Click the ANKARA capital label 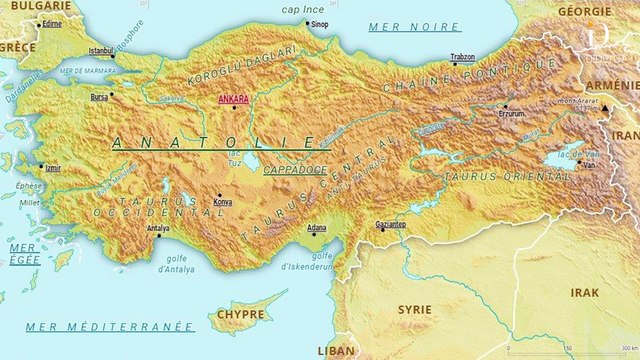point(233,100)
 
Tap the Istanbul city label point(101,49)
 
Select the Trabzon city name point(462,57)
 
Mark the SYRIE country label point(414,310)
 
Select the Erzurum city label point(497,113)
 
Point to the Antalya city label point(158,229)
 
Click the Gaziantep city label point(389,224)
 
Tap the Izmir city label point(51,168)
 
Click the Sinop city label point(318,23)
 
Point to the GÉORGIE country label point(584,10)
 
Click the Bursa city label point(98,98)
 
